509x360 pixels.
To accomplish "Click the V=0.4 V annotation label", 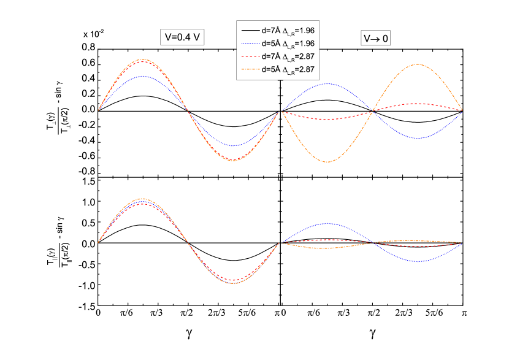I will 182,37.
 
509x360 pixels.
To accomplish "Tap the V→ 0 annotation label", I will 376,39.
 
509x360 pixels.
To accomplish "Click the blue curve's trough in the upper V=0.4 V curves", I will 234,146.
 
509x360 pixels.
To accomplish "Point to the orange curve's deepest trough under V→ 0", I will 327,162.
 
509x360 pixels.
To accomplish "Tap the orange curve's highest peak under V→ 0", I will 418,64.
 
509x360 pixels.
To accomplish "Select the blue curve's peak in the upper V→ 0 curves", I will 327,83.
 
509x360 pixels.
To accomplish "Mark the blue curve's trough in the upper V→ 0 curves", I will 418,139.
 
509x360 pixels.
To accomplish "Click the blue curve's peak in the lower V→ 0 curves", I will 327,223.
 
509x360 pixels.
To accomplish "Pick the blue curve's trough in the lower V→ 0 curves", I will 418,262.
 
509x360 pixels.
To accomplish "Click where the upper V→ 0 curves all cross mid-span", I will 373,112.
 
